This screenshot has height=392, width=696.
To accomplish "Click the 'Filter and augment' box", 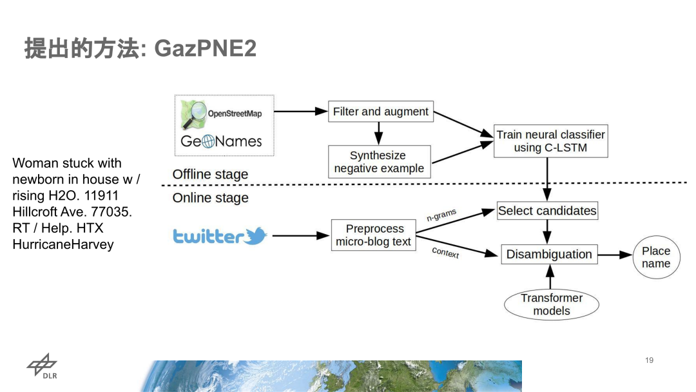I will click(x=380, y=112).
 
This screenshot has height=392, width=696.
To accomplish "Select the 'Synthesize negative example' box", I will click(x=379, y=162).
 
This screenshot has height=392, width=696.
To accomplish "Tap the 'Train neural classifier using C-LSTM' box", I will click(x=550, y=141).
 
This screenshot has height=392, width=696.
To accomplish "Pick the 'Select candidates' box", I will click(x=547, y=211).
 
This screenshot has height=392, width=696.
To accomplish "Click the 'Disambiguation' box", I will click(x=549, y=254).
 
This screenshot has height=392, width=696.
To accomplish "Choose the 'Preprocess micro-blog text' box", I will click(x=373, y=235).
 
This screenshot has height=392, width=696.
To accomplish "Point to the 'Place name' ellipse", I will click(x=655, y=257).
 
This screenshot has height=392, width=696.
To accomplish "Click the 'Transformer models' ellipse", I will click(x=551, y=304).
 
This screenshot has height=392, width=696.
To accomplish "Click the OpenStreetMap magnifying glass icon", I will click(x=193, y=113).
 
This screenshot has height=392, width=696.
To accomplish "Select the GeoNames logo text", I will click(x=221, y=141).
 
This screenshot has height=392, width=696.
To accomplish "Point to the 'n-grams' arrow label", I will click(x=441, y=215).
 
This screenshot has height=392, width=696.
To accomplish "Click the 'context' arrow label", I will click(x=445, y=252).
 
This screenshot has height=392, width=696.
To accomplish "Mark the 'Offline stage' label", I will click(x=210, y=175).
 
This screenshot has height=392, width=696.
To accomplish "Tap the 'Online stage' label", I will click(x=210, y=198).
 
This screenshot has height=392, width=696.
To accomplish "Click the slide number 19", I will click(x=649, y=360).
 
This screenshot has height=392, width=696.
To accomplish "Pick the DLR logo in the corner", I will click(x=42, y=367).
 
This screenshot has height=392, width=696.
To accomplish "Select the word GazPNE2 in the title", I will click(x=206, y=48).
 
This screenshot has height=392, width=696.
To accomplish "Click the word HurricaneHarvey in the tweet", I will click(x=63, y=244).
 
